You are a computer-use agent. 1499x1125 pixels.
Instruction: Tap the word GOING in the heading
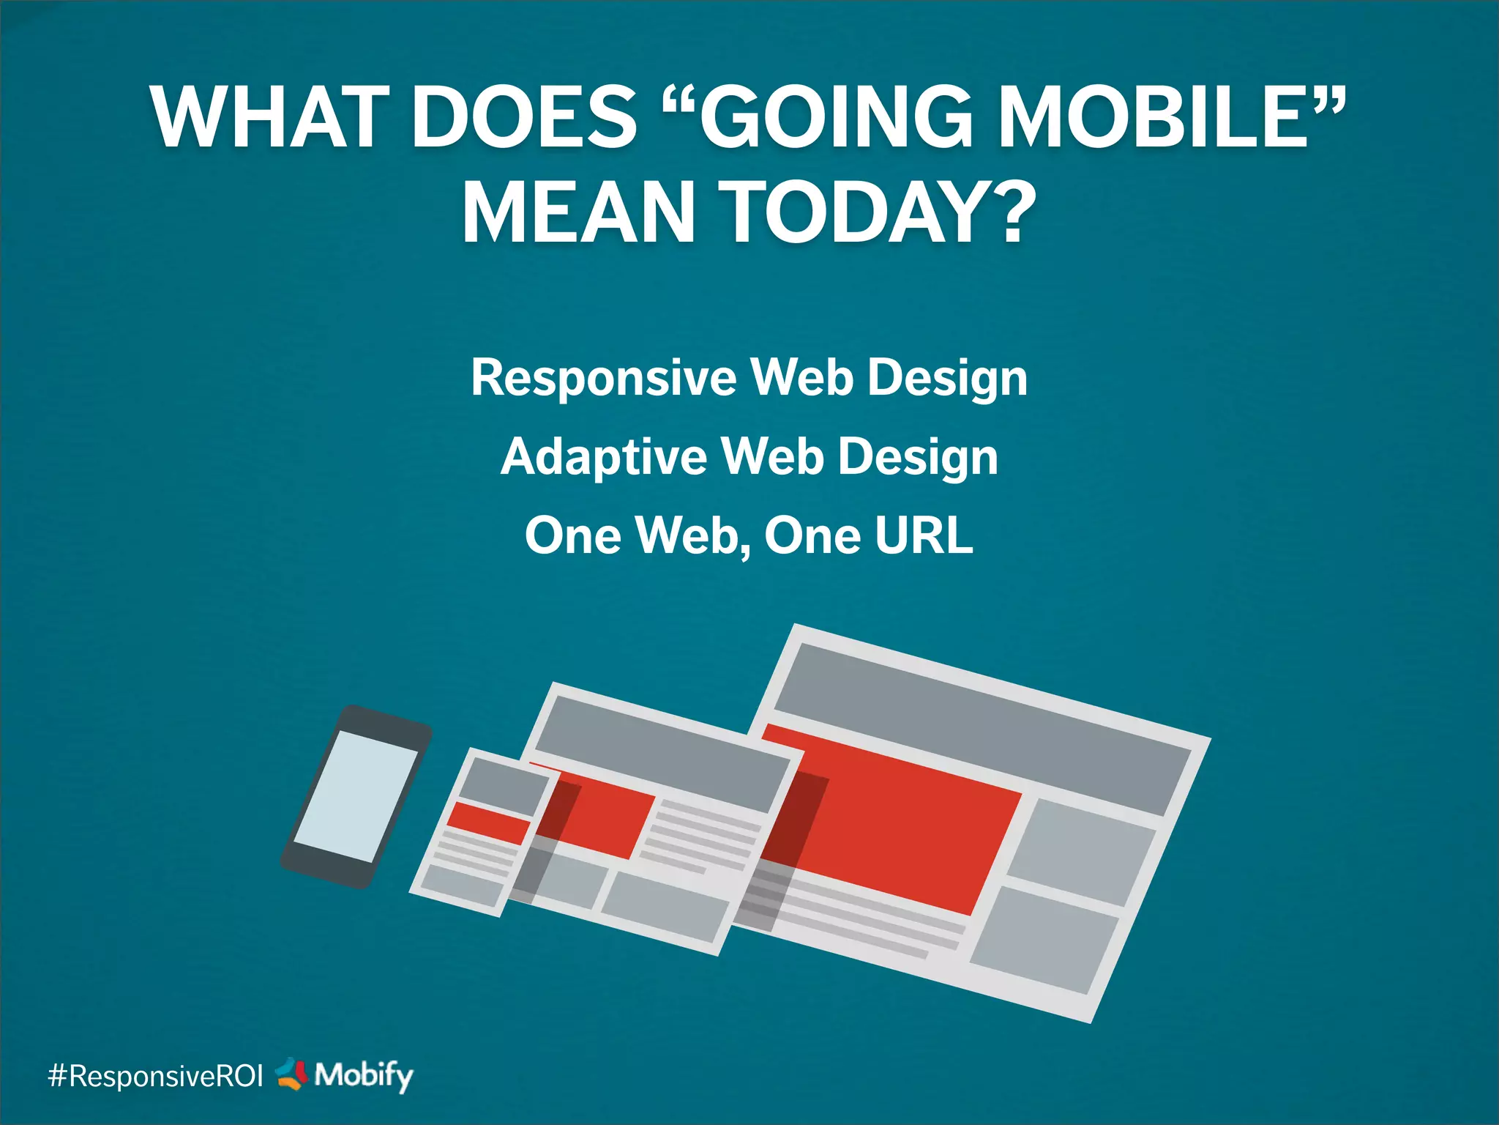click(834, 117)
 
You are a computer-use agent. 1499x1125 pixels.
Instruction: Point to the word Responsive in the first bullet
click(604, 379)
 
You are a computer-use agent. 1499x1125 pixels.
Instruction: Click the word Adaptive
click(604, 457)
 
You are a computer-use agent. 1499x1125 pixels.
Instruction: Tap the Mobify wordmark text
click(364, 1076)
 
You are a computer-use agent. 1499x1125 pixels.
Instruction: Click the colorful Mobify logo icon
click(292, 1074)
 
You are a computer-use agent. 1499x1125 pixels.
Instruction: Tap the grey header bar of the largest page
click(981, 725)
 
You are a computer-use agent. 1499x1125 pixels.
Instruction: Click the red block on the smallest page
click(489, 822)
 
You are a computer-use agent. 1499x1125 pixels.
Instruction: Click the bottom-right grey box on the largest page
click(1047, 940)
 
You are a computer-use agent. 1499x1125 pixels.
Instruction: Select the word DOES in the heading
click(524, 117)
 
